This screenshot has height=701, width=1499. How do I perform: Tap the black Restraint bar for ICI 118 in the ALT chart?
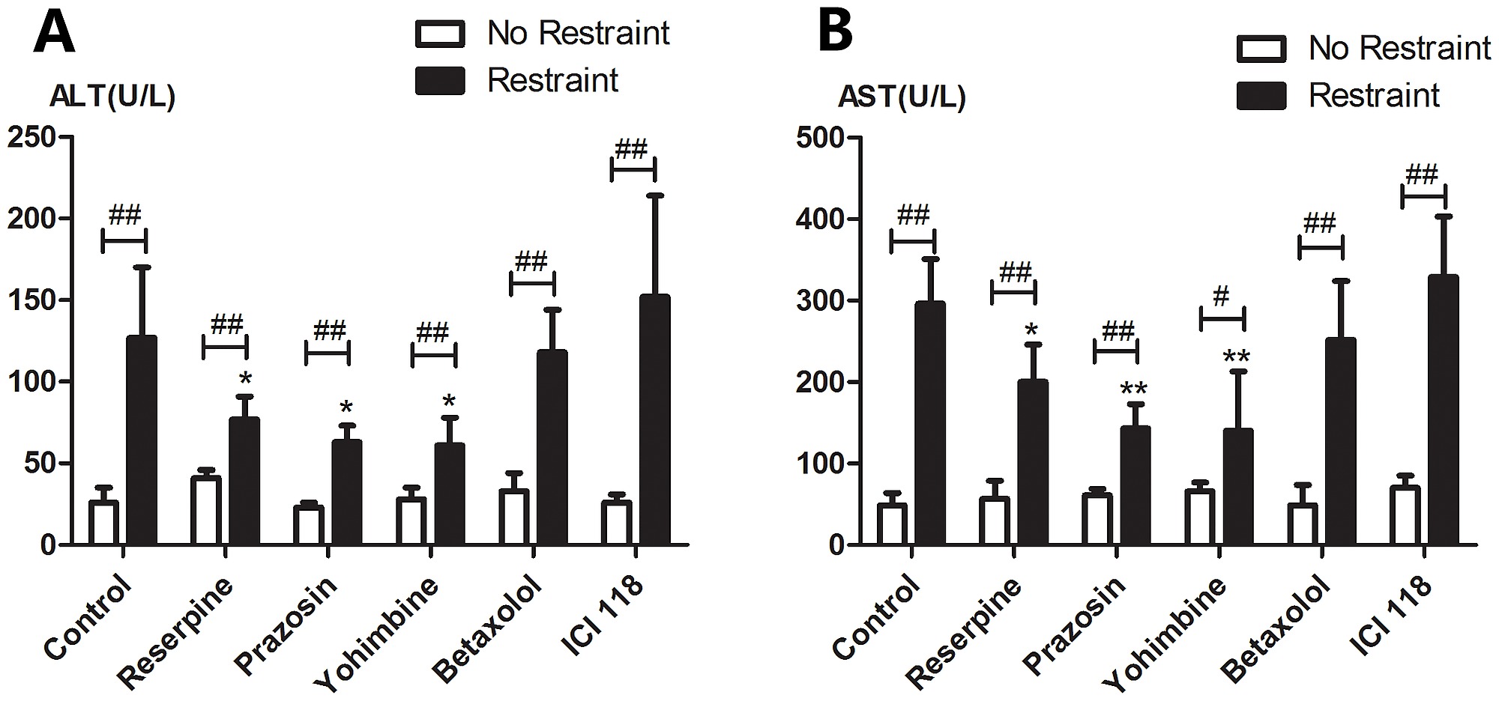point(654,419)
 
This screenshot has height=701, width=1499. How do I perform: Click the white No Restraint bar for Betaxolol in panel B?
point(1303,524)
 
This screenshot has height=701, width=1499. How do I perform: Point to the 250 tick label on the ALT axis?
point(31,138)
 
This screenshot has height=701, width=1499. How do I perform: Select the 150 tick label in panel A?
point(31,300)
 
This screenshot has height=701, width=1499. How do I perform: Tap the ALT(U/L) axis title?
point(112,97)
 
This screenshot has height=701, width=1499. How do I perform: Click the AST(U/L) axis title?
point(902,97)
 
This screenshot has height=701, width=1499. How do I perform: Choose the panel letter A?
point(54,33)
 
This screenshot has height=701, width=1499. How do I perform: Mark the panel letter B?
point(836,33)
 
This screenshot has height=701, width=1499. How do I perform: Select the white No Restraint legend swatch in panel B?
point(1261,49)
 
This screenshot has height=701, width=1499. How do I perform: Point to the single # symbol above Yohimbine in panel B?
point(1221,297)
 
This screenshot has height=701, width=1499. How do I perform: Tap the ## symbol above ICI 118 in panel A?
point(631,149)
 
